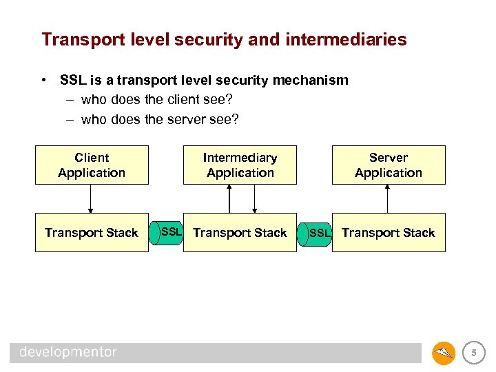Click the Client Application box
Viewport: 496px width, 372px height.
coord(92,165)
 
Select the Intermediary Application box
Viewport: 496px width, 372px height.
coord(240,165)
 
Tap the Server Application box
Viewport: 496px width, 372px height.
coord(389,165)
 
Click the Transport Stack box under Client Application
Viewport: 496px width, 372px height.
coord(92,233)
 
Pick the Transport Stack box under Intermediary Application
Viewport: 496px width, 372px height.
coord(240,233)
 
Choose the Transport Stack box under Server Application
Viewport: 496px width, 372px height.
coord(389,233)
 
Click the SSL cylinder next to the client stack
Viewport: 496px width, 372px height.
coord(167,232)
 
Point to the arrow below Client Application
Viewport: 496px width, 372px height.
coord(90,199)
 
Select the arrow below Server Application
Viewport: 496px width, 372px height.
coord(388,199)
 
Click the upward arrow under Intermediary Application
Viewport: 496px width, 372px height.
coord(229,199)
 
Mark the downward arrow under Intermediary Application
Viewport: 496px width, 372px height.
coord(254,199)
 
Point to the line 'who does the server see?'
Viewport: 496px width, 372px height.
coord(159,120)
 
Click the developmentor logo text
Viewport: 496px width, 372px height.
coord(68,353)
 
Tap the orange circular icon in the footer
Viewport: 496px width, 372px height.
coord(443,353)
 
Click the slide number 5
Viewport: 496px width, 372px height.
coord(473,353)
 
